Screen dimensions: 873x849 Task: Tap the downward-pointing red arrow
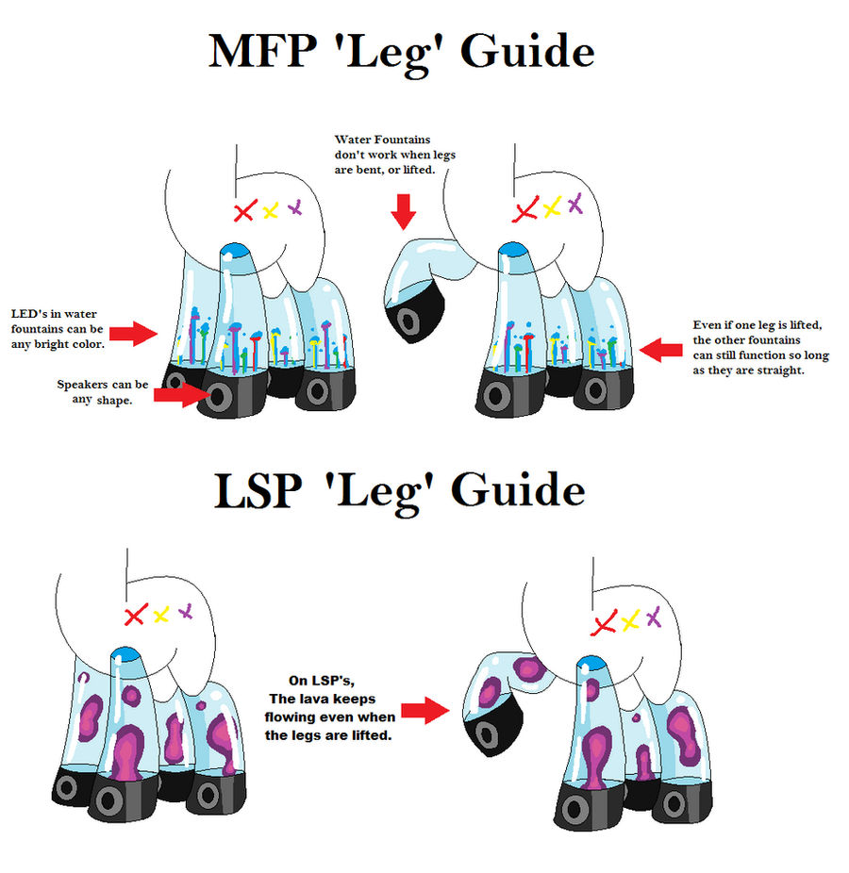[404, 211]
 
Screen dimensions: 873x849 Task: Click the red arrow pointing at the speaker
[176, 396]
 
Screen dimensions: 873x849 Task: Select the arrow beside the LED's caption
[133, 332]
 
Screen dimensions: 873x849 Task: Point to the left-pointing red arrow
[665, 350]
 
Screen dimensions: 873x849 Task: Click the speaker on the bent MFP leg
[408, 321]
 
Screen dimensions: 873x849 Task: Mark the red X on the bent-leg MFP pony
[524, 210]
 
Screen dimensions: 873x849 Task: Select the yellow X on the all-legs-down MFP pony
[270, 210]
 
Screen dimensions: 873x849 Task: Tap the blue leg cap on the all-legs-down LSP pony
[123, 655]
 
